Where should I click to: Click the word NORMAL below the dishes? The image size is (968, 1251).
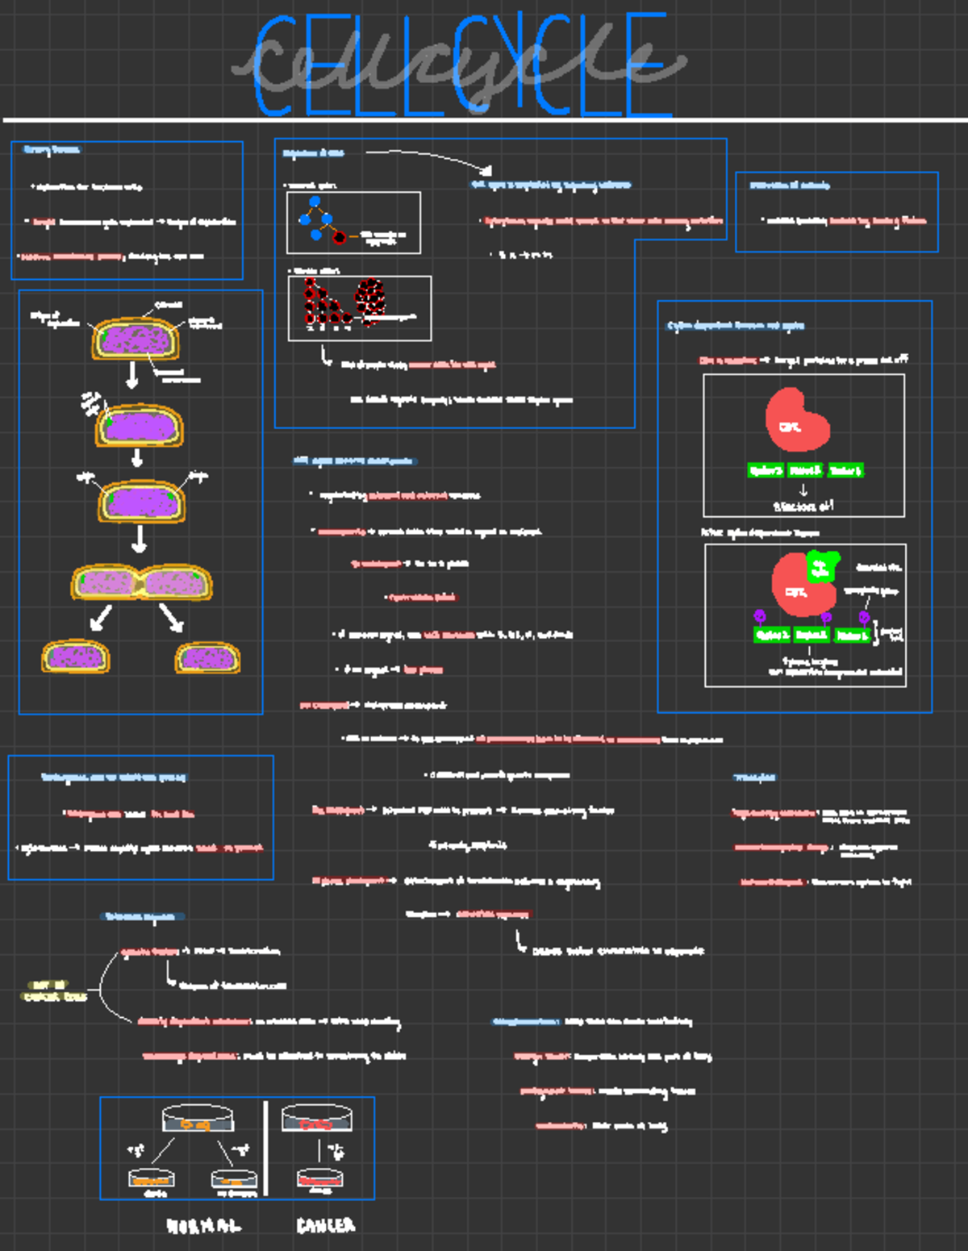pos(203,1226)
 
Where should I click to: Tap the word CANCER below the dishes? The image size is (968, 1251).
pos(326,1226)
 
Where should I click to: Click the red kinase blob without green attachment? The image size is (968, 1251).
pos(796,420)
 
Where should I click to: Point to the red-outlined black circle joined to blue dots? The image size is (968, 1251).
pos(340,237)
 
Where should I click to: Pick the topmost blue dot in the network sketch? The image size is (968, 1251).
pos(315,202)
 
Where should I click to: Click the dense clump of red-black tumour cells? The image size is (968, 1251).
pos(370,296)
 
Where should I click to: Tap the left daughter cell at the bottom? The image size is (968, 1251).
pos(76,657)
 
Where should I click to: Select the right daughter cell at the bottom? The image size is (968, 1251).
pos(207,657)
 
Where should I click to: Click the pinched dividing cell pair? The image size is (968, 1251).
pos(141,582)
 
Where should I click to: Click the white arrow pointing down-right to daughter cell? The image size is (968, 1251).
pos(171,618)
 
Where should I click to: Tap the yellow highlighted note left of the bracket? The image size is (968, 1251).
pos(53,990)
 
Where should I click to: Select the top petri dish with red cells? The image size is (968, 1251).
pos(316,1119)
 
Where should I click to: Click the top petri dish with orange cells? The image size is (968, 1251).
pos(198,1119)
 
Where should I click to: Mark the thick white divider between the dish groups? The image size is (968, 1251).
pos(265,1149)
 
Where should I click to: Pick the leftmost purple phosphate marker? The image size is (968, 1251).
pos(759,617)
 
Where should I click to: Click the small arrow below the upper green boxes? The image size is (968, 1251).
pos(803,490)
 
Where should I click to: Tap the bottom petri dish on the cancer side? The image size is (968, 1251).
pos(319,1179)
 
